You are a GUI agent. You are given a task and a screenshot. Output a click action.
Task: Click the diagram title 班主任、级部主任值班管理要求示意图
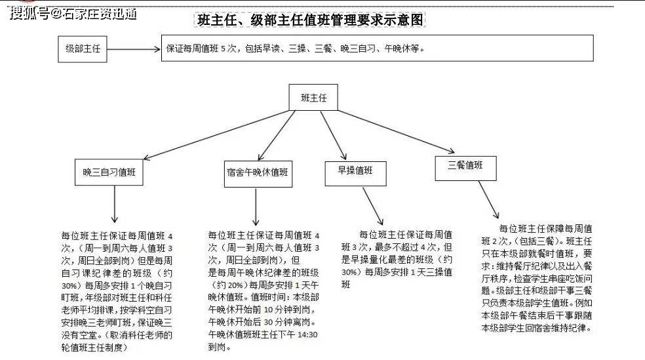(309, 20)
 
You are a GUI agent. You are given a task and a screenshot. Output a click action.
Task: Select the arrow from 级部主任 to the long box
(134, 49)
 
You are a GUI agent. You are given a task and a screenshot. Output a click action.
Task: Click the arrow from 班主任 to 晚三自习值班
(216, 134)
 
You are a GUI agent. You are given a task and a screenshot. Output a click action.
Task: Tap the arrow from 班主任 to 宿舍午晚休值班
(277, 135)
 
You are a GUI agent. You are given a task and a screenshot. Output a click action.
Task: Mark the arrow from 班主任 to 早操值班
(334, 135)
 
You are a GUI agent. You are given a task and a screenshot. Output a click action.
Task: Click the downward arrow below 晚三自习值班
(114, 204)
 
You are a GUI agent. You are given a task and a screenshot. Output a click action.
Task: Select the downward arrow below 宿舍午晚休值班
(256, 207)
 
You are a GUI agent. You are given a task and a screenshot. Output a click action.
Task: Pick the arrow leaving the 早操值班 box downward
(373, 207)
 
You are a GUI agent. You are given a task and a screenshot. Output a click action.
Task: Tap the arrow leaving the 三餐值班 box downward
(489, 200)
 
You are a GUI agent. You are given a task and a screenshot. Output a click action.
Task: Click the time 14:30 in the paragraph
(307, 335)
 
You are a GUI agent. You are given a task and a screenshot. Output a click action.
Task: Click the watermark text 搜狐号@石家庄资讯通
(73, 14)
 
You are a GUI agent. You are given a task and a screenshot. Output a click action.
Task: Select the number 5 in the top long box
(223, 49)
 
